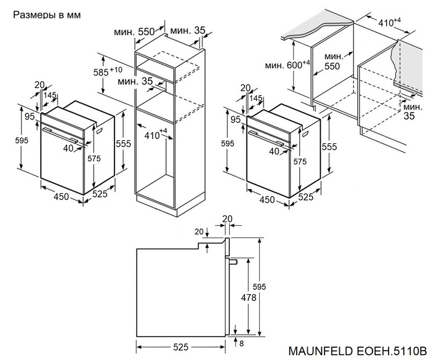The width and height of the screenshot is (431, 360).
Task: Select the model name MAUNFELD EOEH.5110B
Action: [356, 351]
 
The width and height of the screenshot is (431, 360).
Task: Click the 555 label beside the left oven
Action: [123, 143]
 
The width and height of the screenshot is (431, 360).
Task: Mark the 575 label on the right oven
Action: [300, 161]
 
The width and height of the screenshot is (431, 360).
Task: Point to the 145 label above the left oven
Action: [50, 95]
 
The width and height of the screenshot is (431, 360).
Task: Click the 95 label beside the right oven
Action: [235, 119]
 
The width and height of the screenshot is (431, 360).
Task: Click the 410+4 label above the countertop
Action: [389, 23]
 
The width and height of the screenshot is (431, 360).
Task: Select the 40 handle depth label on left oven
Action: [67, 148]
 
